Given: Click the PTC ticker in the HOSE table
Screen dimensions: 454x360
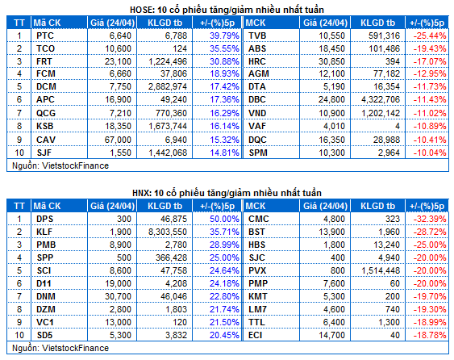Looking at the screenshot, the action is pos(45,36).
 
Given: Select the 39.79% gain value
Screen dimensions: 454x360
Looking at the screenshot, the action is pos(224,36).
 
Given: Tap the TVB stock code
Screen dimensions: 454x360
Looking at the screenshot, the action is pos(257,36).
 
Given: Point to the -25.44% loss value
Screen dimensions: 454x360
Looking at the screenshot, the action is pos(430,36).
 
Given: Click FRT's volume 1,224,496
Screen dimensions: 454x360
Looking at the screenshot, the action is pos(168,61).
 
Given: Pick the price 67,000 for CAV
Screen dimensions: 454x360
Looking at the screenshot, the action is pos(118,140).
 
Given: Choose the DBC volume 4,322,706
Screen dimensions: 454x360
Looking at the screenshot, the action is pos(381,99).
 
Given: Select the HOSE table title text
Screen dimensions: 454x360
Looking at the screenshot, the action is pos(227,10).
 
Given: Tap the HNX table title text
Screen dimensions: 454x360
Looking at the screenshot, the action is pos(227,193).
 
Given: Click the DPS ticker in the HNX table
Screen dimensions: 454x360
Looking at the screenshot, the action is pos(45,219).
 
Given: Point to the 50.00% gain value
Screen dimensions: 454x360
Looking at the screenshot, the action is pos(224,219).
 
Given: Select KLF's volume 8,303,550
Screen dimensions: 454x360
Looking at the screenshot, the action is pos(168,232).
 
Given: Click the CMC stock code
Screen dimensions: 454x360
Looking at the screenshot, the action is pos(259,219).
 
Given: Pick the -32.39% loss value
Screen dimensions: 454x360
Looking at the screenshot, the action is pos(430,219).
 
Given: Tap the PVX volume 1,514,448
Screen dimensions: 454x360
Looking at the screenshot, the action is pos(381,270).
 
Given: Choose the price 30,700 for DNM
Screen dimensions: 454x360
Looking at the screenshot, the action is pos(118,296).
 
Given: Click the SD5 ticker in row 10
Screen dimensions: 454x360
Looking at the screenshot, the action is pos(44,335).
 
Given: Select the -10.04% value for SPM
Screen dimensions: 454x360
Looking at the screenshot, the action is pos(430,153).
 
